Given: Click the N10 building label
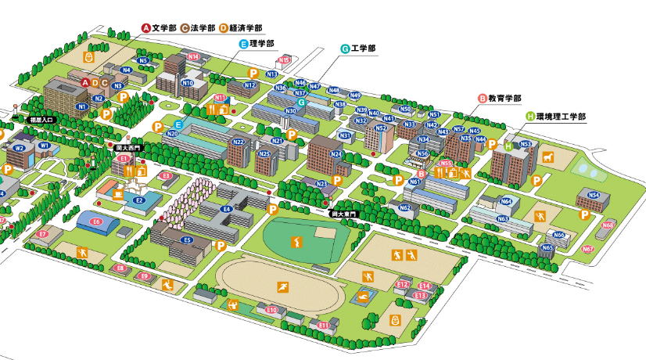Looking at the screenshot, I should click(188, 82).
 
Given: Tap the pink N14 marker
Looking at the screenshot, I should click(193, 56).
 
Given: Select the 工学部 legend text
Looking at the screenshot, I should click(363, 49).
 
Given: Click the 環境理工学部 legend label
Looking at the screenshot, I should click(560, 116).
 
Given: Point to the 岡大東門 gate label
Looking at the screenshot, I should click(343, 213).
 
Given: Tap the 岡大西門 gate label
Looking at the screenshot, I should click(127, 147).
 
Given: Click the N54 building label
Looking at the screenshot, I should click(594, 195).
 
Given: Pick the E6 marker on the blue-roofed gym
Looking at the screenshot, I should click(96, 222).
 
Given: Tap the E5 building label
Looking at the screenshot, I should click(186, 240).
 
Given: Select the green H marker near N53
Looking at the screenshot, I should click(508, 146).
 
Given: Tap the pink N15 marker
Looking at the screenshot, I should click(285, 59).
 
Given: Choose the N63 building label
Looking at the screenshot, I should click(503, 219).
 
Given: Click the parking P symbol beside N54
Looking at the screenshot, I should click(583, 215).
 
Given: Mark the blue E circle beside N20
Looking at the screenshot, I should click(178, 125).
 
